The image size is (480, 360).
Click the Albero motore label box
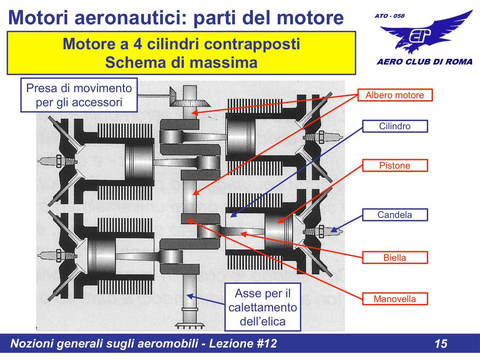[395, 95]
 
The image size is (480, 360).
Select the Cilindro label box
[395, 126]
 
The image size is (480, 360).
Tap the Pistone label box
[395, 165]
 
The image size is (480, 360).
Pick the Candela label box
[395, 215]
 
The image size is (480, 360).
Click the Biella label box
[395, 258]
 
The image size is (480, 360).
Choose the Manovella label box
[395, 299]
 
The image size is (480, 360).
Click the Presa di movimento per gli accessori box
[79, 95]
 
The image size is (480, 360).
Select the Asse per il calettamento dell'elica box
[263, 307]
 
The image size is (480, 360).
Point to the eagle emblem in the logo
[424, 33]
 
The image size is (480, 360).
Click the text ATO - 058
[389, 16]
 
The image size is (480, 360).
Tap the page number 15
[441, 344]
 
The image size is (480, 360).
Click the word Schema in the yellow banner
[136, 63]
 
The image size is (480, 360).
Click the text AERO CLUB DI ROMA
[424, 62]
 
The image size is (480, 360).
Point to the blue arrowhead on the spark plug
[334, 230]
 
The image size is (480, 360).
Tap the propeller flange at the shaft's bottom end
[189, 326]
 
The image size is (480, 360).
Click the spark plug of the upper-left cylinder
[57, 161]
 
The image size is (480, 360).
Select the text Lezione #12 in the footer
[243, 344]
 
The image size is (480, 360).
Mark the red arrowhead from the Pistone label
[281, 221]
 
